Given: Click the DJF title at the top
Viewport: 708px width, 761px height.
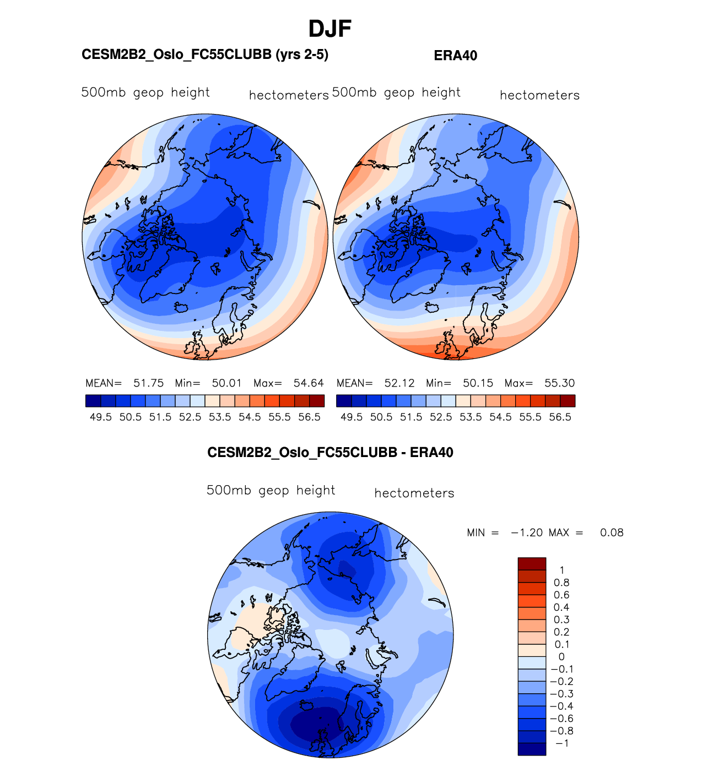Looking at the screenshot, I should click(329, 29).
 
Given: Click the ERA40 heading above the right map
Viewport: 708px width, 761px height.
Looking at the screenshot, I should click(455, 56).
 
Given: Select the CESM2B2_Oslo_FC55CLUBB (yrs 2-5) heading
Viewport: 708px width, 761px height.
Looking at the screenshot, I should click(205, 55).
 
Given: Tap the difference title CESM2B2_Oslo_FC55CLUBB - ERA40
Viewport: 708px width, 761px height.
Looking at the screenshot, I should click(330, 453).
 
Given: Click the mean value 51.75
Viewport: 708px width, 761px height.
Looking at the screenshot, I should click(148, 383).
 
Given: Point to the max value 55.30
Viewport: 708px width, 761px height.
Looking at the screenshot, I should click(559, 383).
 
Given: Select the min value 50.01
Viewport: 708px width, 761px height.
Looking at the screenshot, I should click(226, 383).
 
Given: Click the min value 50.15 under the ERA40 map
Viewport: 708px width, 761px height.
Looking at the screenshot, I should click(478, 383).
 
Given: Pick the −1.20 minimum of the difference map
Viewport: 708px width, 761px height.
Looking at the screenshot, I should click(527, 532).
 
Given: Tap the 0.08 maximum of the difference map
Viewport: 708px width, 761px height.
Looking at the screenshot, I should click(612, 532).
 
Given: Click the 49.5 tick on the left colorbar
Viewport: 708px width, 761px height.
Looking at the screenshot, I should click(101, 417).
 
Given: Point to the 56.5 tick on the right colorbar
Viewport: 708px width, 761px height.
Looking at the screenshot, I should click(560, 417).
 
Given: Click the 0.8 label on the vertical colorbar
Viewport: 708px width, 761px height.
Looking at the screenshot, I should click(561, 583).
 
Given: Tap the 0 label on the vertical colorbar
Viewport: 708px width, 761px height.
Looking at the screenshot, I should click(561, 656).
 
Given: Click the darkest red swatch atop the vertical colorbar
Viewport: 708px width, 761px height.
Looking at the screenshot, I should click(532, 563).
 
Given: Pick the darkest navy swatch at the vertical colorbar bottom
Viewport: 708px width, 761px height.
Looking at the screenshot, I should click(532, 749).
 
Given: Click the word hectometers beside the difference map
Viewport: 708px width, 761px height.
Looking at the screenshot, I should click(414, 493).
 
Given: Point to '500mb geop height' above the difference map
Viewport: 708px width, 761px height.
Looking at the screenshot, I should click(271, 490).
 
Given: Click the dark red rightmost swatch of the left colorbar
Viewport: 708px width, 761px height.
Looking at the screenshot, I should click(317, 401).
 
